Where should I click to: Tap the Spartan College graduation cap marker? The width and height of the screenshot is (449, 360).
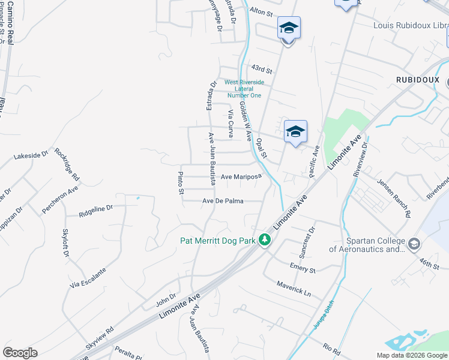point(414,244)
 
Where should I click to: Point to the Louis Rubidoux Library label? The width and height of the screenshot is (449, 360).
point(410,26)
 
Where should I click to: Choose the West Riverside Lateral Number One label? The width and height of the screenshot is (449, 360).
point(243,88)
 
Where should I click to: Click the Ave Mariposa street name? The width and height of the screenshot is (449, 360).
point(241,177)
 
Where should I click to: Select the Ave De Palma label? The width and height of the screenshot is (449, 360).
point(223,201)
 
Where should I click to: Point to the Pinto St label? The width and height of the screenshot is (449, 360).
point(180,184)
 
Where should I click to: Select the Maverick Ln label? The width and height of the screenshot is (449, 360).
point(294,289)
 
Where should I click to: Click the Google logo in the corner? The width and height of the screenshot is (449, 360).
point(20,353)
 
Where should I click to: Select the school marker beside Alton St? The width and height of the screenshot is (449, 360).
point(289,28)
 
